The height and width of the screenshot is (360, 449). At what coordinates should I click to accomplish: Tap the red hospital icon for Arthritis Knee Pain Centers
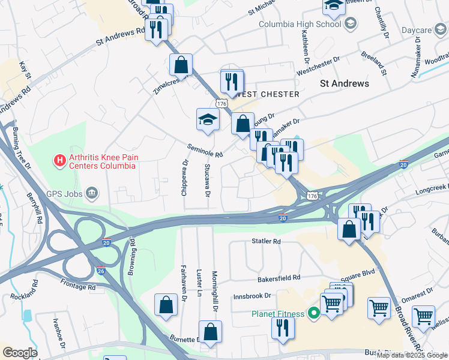[60, 160]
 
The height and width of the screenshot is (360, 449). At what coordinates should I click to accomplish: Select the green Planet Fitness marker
[313, 313]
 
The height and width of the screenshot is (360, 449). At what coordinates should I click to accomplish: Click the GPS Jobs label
[63, 194]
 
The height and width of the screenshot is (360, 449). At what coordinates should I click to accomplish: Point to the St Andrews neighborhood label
[344, 83]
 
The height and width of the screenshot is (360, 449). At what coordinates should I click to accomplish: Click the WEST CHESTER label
[268, 94]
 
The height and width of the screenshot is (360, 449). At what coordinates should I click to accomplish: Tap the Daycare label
[417, 30]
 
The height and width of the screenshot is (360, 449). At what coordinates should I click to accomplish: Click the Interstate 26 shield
[101, 271]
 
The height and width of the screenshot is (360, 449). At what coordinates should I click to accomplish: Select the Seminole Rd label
[205, 150]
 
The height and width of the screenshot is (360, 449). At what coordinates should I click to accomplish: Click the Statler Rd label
[266, 242]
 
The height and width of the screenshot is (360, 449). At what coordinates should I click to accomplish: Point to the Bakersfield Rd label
[279, 278]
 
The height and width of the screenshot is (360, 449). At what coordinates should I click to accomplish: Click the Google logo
[20, 353]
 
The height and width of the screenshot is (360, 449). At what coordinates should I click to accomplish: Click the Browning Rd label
[132, 258]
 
